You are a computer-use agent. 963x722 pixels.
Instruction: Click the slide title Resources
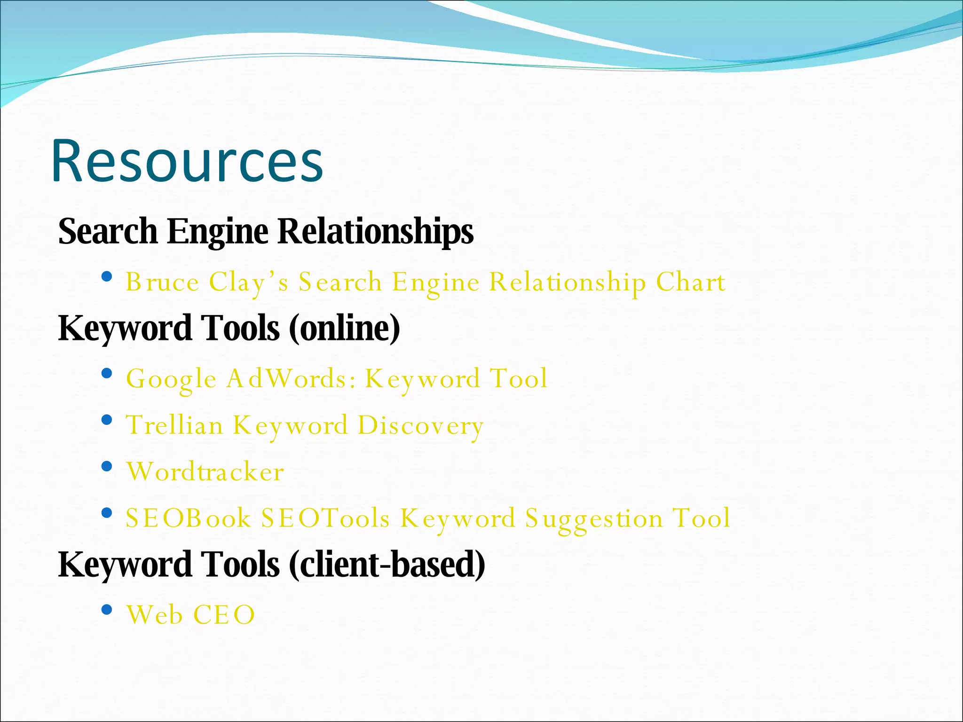click(x=187, y=161)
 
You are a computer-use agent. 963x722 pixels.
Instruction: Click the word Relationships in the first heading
click(x=375, y=231)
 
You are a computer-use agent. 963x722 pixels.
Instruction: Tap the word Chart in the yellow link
click(x=690, y=282)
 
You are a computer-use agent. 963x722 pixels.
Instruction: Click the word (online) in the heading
click(x=344, y=328)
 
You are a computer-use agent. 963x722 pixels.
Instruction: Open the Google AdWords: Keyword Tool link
click(x=337, y=379)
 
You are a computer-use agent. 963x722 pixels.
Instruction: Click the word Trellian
click(x=175, y=425)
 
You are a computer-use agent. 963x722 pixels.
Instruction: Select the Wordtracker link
click(x=205, y=472)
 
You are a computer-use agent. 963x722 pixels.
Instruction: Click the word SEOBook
click(x=188, y=518)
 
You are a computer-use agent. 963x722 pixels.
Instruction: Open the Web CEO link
click(x=190, y=615)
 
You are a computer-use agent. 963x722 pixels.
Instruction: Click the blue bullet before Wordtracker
click(x=107, y=466)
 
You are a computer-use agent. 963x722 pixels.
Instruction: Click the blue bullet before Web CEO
click(x=107, y=610)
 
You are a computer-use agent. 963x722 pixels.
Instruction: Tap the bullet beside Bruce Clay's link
click(x=107, y=276)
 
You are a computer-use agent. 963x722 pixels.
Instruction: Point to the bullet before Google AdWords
click(x=107, y=374)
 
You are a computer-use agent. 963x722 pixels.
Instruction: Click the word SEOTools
click(x=325, y=518)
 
